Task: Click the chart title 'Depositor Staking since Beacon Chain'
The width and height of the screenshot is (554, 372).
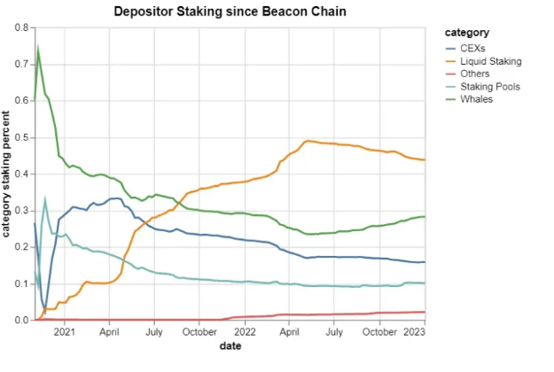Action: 230,11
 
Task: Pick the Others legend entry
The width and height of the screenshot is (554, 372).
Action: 467,74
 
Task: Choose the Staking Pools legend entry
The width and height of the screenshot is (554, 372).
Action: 484,87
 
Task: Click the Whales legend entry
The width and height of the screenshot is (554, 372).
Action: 471,99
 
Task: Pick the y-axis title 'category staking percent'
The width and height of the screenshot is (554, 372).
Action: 7,174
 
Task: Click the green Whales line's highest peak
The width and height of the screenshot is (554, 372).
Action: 37,47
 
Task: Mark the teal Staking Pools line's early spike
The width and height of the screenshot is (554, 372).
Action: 45,200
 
